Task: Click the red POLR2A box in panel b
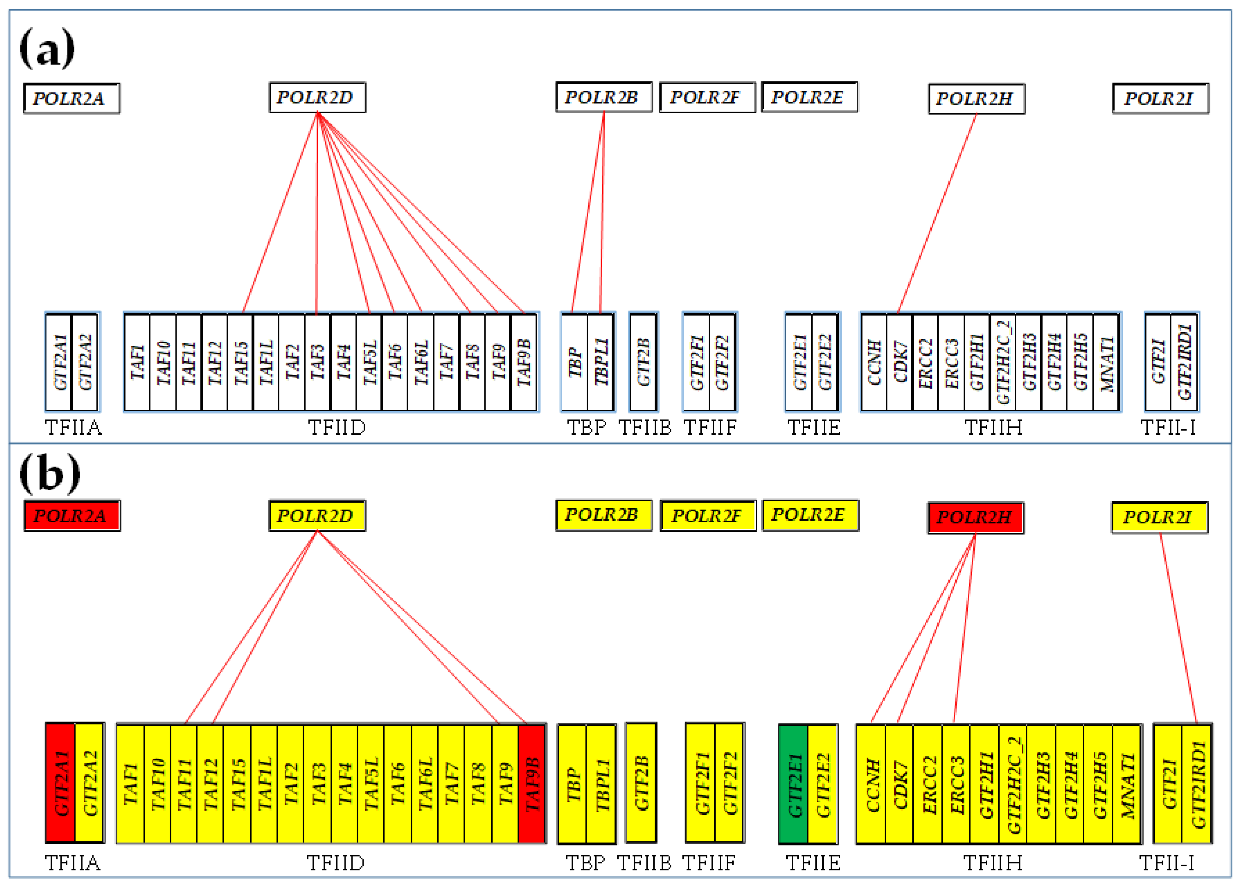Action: point(72,515)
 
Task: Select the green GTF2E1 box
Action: point(793,784)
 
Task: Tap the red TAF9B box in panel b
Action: point(531,784)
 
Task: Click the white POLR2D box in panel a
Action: point(317,98)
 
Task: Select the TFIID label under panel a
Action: point(337,427)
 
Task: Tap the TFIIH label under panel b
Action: point(993,863)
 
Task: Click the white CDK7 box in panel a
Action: point(900,362)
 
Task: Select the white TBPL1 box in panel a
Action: point(601,362)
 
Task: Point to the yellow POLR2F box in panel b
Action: point(708,515)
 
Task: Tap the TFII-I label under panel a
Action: point(1168,427)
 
